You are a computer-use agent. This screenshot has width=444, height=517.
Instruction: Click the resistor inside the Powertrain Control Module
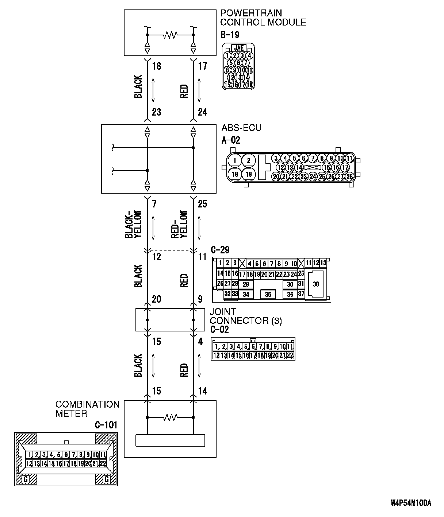point(170,35)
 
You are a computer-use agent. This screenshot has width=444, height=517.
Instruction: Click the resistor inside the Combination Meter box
point(170,417)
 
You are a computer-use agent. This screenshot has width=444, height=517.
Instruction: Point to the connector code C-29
point(220,249)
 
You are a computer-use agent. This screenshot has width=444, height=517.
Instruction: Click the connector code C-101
point(106,425)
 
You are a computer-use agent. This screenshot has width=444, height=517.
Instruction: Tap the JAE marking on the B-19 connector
point(239,48)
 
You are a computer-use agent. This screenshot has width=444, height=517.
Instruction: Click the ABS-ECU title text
point(241,128)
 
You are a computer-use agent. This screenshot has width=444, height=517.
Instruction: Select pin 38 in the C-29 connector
point(316,284)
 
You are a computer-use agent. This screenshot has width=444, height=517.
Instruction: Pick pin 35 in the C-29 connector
point(268,294)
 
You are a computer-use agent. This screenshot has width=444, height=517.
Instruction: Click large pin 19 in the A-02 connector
point(249,174)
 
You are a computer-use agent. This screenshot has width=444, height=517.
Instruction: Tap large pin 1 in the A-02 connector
point(236,160)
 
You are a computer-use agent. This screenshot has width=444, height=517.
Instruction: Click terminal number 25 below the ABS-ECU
point(202,203)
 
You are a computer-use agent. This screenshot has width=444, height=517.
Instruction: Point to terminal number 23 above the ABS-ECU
point(156,112)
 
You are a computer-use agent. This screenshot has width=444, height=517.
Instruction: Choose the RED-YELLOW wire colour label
point(179,224)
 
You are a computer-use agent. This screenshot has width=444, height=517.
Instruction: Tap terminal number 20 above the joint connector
point(156,299)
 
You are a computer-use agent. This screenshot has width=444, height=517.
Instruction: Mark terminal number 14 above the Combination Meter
point(202,391)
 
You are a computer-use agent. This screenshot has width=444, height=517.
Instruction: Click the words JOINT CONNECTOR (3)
point(245,316)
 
